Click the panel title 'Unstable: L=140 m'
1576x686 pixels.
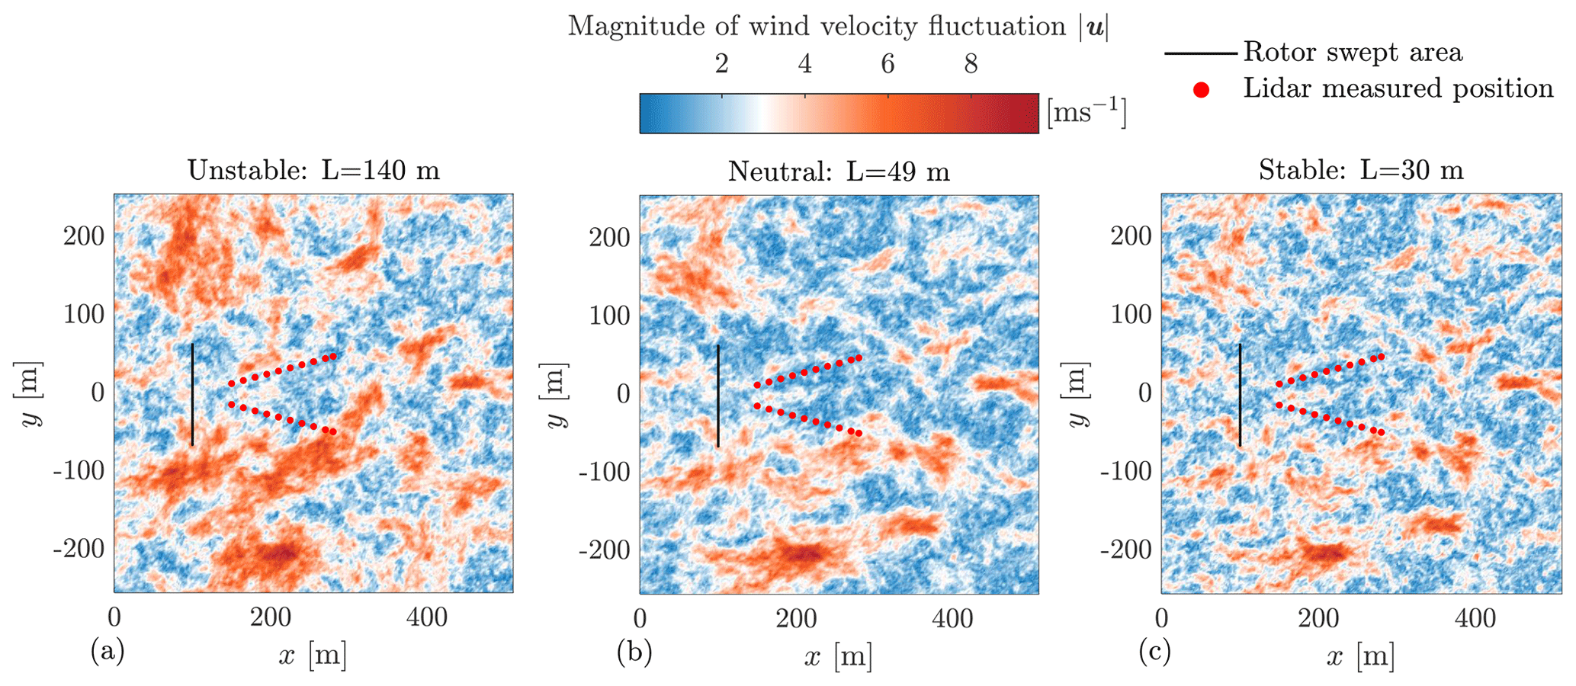(x=313, y=170)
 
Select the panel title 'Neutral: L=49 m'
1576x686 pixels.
(x=839, y=171)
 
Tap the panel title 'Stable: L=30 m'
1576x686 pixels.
(x=1361, y=170)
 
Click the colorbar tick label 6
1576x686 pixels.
(x=888, y=64)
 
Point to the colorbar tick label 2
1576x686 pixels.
(x=721, y=64)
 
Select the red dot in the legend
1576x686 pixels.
(x=1201, y=90)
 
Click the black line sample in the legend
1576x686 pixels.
(x=1200, y=53)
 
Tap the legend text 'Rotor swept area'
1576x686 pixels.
(x=1353, y=53)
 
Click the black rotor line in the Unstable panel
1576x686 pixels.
(x=192, y=394)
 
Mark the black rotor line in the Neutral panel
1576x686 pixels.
(x=717, y=396)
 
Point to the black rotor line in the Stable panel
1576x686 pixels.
(x=1240, y=394)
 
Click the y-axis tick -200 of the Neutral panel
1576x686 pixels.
(x=605, y=550)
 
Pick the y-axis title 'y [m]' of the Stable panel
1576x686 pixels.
(x=1075, y=394)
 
